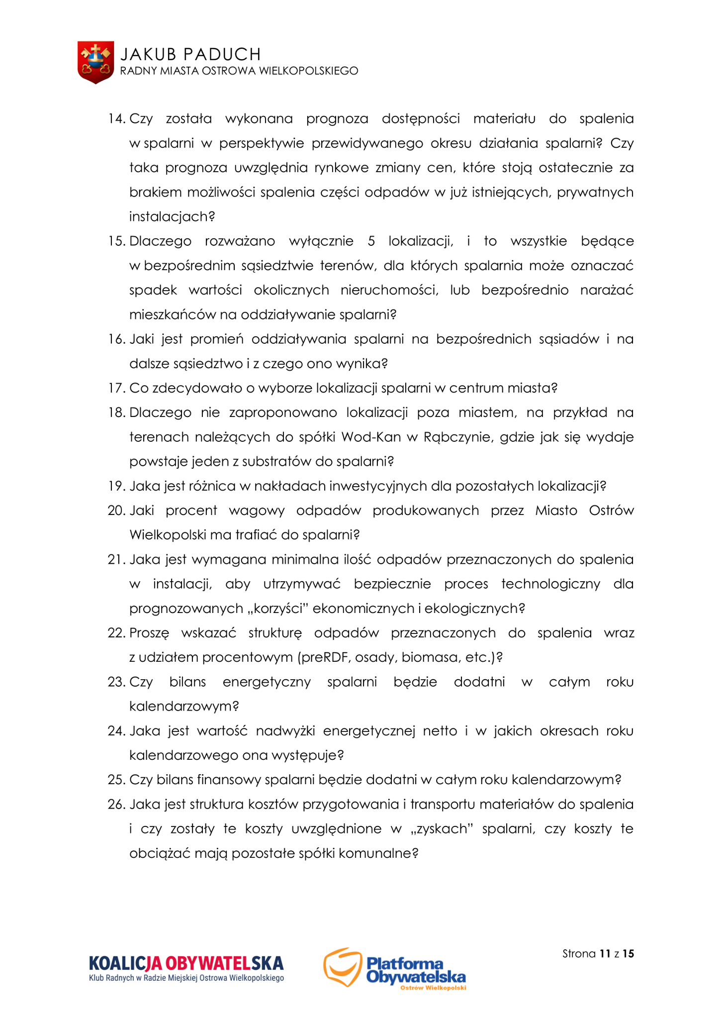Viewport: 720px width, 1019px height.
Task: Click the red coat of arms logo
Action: pos(95,62)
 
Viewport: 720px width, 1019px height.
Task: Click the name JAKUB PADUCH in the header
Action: pos(190,54)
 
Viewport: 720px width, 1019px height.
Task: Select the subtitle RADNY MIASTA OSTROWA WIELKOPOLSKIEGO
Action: pos(239,71)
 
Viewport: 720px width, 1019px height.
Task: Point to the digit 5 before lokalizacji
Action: pos(371,241)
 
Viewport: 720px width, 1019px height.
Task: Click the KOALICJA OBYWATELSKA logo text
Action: pos(186,963)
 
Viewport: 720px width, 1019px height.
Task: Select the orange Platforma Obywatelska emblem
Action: pos(342,967)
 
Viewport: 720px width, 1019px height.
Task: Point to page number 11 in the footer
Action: pos(605,954)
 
